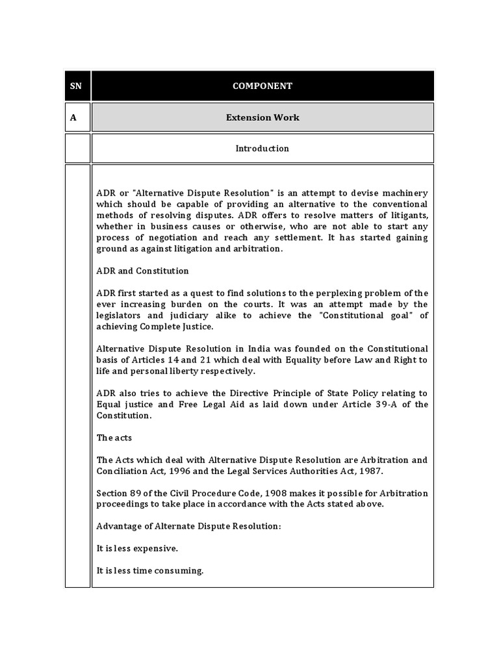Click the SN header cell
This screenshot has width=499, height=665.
click(x=77, y=86)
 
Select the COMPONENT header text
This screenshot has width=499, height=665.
click(x=262, y=86)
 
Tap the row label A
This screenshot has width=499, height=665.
click(x=73, y=118)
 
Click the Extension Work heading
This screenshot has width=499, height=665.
click(x=262, y=118)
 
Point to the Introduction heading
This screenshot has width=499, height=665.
click(x=262, y=148)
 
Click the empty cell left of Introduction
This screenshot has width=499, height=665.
click(x=78, y=148)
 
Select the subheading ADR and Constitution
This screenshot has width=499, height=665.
click(x=142, y=271)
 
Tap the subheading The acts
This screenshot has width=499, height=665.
click(x=114, y=438)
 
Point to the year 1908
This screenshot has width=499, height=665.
click(x=236, y=494)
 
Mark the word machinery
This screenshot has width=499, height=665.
click(x=404, y=193)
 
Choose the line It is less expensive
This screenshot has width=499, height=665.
click(x=137, y=549)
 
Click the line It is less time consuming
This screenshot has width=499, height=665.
click(x=150, y=571)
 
